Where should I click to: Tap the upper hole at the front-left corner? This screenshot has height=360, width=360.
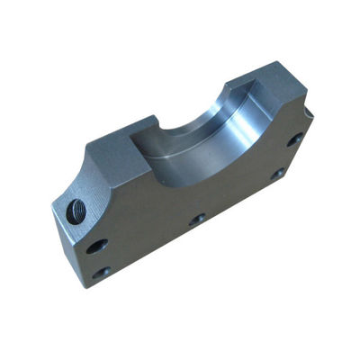coord(96,246)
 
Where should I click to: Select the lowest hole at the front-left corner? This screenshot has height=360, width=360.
coord(102,271)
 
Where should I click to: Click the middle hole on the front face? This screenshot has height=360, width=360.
coord(197,220)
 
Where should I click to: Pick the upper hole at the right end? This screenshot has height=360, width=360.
coord(295,139)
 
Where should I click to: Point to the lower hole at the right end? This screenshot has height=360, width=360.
coord(278,173)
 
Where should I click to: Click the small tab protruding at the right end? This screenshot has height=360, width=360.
coord(309,112)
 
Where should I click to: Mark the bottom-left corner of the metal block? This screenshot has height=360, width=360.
coord(87,286)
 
